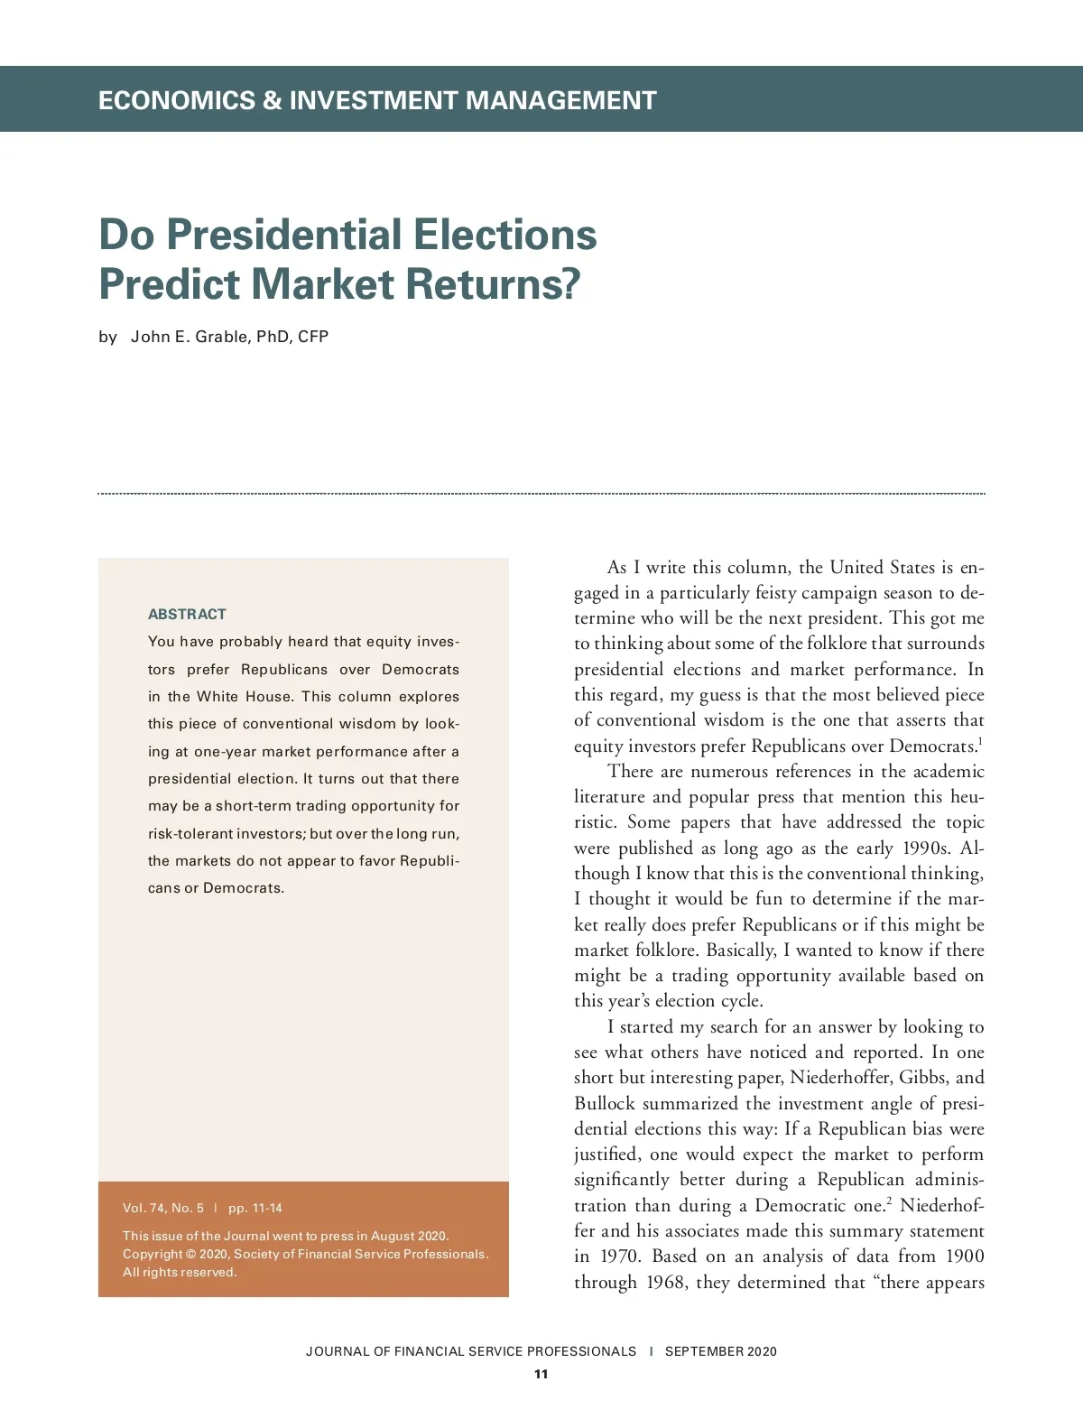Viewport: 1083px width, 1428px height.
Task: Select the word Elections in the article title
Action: [504, 235]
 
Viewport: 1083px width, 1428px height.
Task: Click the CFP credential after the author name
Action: [313, 337]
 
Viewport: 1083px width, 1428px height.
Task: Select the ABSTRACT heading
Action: [187, 614]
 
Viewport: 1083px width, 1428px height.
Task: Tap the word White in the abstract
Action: [218, 696]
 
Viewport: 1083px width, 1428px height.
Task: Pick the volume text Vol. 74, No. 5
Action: [163, 1208]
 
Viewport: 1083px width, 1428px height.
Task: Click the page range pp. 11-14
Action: [255, 1208]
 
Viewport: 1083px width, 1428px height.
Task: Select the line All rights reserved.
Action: [180, 1272]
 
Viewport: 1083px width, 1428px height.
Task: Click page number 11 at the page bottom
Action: [541, 1374]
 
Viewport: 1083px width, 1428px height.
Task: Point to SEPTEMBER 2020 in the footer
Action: [720, 1351]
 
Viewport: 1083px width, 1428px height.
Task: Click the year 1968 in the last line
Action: [666, 1282]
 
